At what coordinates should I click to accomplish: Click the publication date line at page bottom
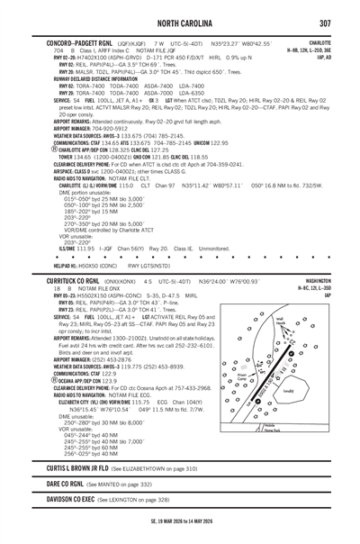(180, 533)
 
